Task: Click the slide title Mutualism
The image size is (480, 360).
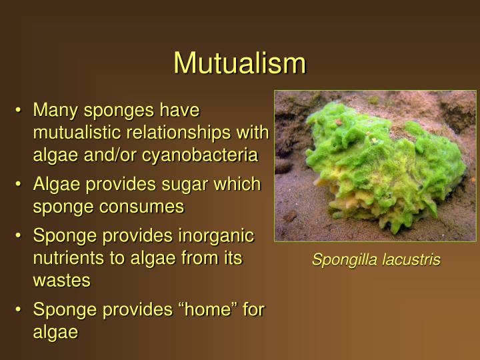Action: pyautogui.click(x=239, y=63)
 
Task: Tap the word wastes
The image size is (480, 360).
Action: pyautogui.click(x=61, y=281)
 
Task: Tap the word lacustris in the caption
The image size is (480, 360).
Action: pyautogui.click(x=411, y=260)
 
